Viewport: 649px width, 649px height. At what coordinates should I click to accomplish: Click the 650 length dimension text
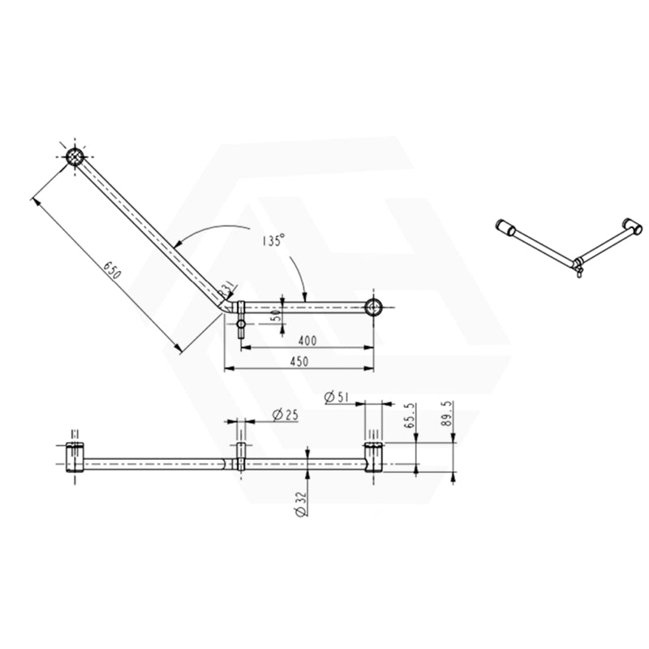111,270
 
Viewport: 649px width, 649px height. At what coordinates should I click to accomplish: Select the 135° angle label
273,240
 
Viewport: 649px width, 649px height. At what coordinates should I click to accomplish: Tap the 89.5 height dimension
446,415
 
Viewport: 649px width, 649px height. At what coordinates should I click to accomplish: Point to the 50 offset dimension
277,315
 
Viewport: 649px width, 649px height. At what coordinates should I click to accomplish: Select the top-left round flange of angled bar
75,157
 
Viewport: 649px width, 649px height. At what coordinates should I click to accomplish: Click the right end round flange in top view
374,307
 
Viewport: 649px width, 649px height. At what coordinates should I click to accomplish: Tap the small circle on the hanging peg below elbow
241,326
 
